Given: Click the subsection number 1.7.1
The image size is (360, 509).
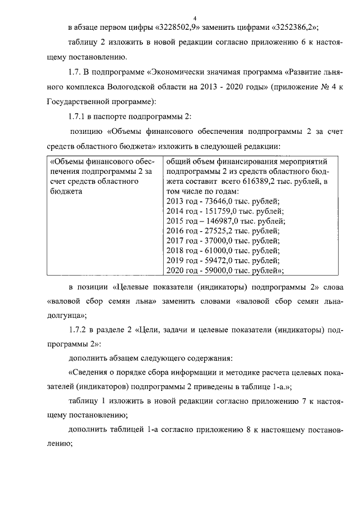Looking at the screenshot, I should click(x=78, y=116).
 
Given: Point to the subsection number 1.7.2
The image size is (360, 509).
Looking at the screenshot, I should click(x=78, y=330).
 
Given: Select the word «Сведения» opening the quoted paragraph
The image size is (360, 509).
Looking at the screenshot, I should click(x=93, y=372).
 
